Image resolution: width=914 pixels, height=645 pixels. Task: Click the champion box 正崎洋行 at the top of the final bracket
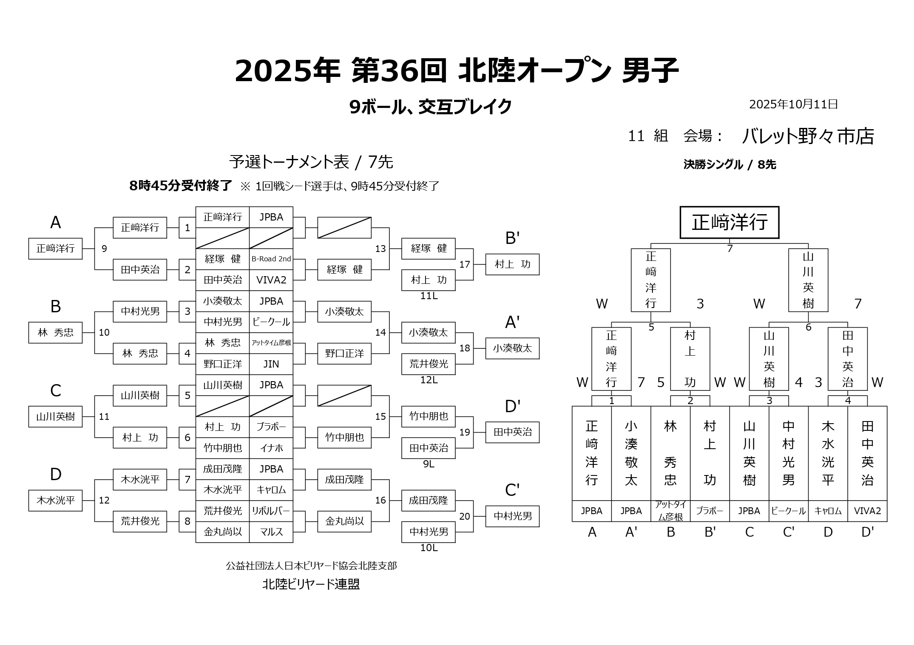point(729,222)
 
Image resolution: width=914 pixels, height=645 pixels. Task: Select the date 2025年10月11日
point(793,105)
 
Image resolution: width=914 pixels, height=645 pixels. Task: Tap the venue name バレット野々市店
point(808,136)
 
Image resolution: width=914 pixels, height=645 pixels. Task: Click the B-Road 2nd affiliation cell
point(271,259)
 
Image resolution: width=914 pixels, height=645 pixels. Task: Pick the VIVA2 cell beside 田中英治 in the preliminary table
point(271,280)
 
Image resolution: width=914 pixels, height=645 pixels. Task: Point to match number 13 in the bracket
point(380,249)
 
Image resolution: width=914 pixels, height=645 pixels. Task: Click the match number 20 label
point(465,516)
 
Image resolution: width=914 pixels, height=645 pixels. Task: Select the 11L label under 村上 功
point(429,296)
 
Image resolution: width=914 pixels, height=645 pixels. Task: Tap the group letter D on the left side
point(56,474)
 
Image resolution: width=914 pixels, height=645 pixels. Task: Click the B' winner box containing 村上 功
point(512,264)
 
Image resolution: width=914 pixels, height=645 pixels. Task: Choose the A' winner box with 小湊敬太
point(512,348)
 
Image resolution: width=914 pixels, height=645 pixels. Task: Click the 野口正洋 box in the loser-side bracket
point(344,353)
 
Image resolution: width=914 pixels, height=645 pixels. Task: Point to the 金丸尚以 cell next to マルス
point(222,532)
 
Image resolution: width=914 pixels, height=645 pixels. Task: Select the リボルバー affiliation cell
point(271,511)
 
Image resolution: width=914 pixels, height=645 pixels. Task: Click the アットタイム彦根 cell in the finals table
point(670,511)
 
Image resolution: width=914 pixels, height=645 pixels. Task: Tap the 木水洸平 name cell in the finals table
point(828,453)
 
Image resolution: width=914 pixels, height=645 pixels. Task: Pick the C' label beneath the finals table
point(789,532)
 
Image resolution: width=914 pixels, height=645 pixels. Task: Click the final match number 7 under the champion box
point(730,249)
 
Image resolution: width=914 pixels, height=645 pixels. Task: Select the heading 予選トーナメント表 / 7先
point(311,162)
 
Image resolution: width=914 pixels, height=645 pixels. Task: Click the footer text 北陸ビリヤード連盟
point(311,584)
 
